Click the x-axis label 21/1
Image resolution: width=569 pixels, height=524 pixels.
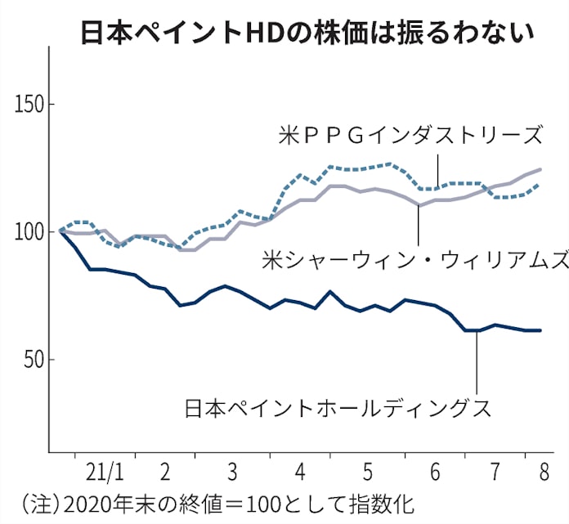(104, 474)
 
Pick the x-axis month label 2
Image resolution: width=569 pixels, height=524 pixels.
(165, 474)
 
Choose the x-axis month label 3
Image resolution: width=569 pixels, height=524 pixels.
(233, 474)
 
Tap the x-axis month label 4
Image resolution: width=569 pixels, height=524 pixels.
(300, 474)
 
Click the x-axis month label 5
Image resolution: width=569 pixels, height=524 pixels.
(367, 474)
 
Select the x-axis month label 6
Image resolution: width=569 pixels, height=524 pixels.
(434, 474)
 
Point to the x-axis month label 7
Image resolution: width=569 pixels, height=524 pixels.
(497, 474)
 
